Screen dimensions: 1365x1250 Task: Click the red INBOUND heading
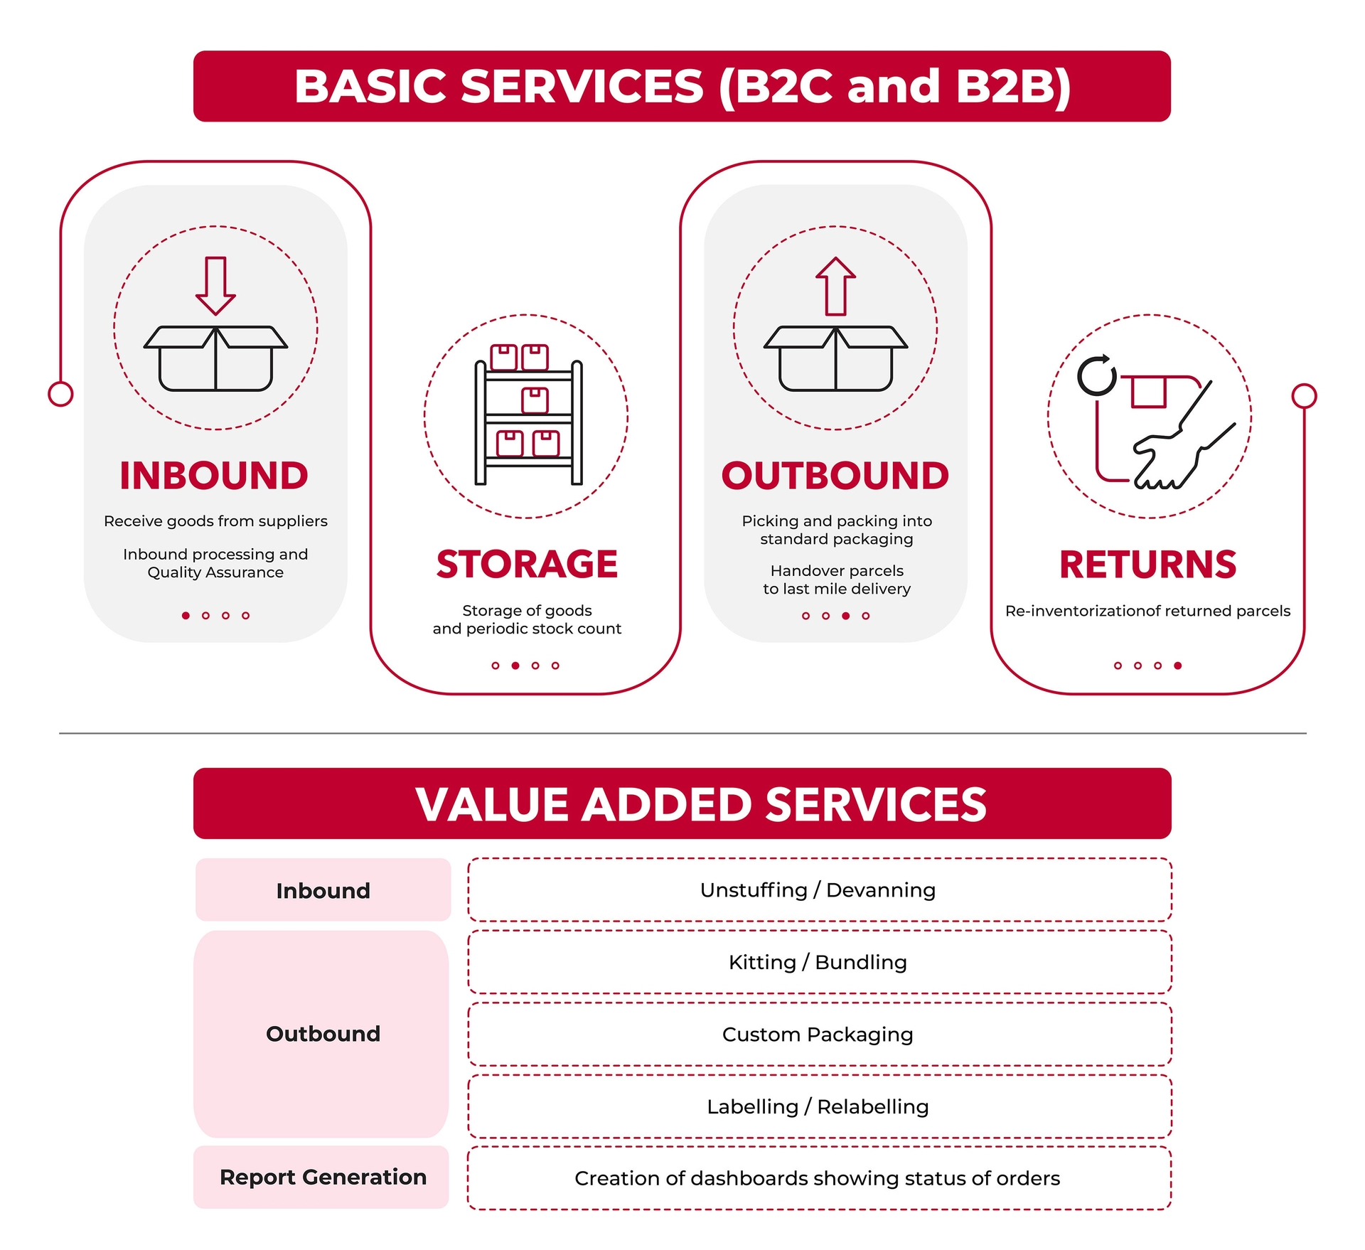pos(214,476)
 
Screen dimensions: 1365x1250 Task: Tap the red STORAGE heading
pos(527,565)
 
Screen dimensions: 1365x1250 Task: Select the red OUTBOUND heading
pos(835,476)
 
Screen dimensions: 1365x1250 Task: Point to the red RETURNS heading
pos(1148,565)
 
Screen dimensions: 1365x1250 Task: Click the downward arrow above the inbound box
pos(215,286)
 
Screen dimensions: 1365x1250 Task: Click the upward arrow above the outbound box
pos(835,286)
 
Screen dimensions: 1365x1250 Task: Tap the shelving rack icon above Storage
pos(528,415)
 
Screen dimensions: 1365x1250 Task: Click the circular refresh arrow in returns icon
pos(1097,375)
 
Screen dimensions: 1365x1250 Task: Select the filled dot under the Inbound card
pos(186,616)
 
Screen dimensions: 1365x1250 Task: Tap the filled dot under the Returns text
pos(1178,666)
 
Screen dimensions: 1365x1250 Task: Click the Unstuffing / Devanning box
pos(819,890)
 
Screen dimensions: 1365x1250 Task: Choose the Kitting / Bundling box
pos(819,962)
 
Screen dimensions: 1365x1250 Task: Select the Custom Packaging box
pos(819,1034)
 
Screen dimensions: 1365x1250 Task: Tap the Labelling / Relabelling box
pos(819,1106)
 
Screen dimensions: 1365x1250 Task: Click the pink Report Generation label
pos(321,1177)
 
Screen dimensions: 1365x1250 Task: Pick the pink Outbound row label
pos(321,1034)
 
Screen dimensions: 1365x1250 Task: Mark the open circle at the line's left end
pos(61,394)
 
